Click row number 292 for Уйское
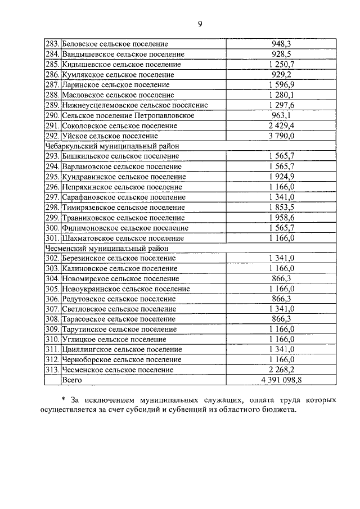click(52, 136)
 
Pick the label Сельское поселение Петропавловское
click(128, 115)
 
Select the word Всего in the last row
click(72, 380)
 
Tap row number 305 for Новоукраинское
click(52, 289)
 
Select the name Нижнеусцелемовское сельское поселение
click(135, 105)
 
